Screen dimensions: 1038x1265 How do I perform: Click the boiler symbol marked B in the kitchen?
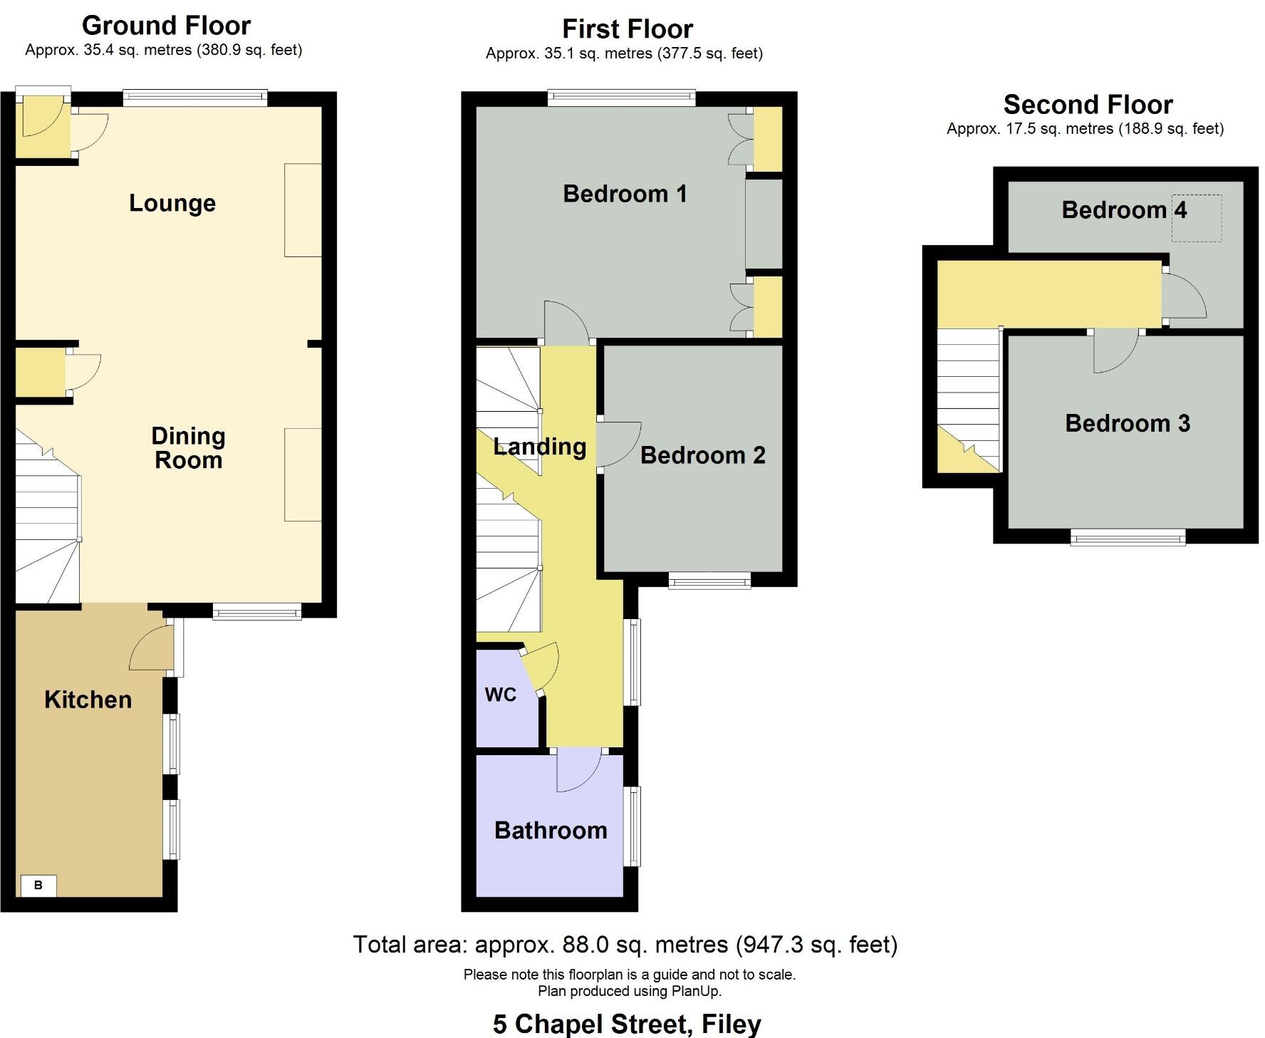(x=38, y=885)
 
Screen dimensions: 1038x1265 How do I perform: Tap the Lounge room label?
(x=172, y=203)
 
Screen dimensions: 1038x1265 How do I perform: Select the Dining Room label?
(x=188, y=447)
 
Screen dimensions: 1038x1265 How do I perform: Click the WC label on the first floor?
(x=500, y=695)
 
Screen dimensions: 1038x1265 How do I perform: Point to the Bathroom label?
(x=551, y=830)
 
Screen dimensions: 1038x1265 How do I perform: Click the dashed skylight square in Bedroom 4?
(x=1197, y=218)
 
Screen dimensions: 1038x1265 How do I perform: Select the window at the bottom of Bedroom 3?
(x=1128, y=537)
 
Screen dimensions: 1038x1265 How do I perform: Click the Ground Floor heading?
(x=166, y=26)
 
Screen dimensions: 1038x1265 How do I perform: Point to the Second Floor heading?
(x=1088, y=105)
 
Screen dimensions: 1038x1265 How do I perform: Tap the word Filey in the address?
(x=732, y=1024)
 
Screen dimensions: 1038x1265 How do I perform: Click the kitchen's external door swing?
(x=153, y=649)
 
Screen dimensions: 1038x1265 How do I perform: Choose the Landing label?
(x=539, y=447)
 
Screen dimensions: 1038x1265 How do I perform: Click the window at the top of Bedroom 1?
(x=621, y=98)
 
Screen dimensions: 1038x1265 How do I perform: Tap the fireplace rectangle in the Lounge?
(x=303, y=210)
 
